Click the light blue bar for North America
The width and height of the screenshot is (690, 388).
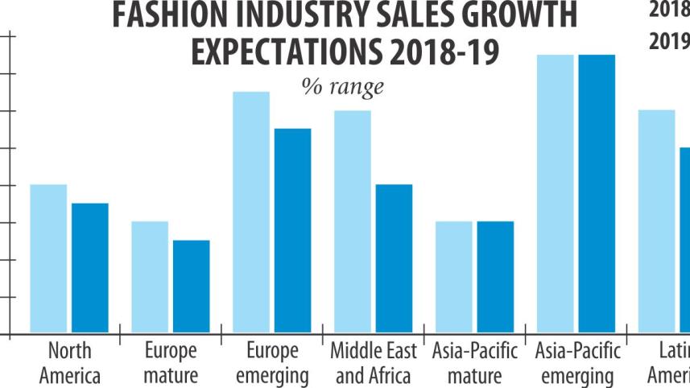pos(48,258)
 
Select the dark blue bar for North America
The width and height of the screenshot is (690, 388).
pos(89,268)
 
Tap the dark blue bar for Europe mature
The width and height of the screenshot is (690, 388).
pos(191,287)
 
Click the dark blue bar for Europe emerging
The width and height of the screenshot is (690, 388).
pos(292,230)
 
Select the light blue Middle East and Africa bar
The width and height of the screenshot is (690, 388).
pos(352,221)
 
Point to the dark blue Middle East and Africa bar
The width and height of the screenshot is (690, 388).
pos(394,258)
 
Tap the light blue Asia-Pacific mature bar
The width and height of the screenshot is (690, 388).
pos(453,277)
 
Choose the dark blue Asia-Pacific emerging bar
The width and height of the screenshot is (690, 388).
pos(597,194)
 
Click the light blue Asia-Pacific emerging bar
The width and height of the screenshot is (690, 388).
pos(555,194)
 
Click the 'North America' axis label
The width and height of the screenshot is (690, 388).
pos(70,363)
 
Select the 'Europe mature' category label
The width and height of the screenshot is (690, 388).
pos(171,363)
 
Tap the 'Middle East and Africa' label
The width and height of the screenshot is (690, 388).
pos(374,363)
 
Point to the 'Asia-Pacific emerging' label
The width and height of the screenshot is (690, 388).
pos(577,363)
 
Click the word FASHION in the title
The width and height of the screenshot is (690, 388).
pos(162,15)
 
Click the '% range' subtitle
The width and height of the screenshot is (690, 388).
pos(342,85)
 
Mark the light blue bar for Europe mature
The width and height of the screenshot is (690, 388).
pos(150,277)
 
